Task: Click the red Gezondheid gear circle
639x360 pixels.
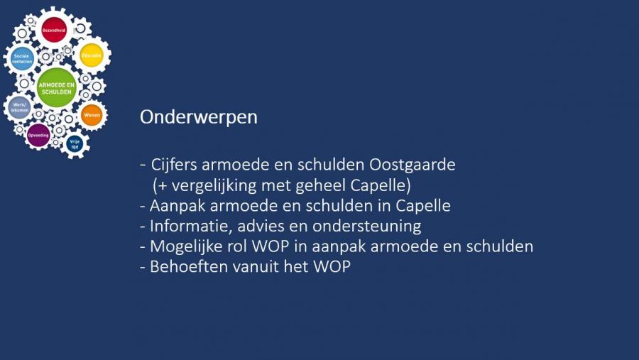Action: pyautogui.click(x=54, y=30)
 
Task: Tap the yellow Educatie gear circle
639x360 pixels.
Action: pyautogui.click(x=92, y=55)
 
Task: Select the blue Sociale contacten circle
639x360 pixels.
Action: pyautogui.click(x=22, y=58)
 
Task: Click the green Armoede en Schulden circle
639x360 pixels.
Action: pyautogui.click(x=57, y=88)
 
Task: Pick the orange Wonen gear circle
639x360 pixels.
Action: pyautogui.click(x=92, y=115)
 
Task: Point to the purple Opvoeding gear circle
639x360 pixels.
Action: pyautogui.click(x=38, y=135)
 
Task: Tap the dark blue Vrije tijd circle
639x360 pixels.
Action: pyautogui.click(x=75, y=144)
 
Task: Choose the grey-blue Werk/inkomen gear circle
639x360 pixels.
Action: pyautogui.click(x=20, y=108)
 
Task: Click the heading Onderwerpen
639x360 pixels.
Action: pyautogui.click(x=199, y=117)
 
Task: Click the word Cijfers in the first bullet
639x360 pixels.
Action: pyautogui.click(x=174, y=165)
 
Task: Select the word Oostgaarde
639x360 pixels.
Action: pyautogui.click(x=413, y=165)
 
